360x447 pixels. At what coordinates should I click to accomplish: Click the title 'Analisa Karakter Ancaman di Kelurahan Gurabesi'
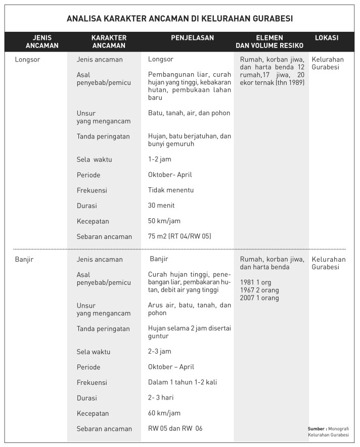tap(179, 19)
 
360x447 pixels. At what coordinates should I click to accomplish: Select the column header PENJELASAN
tap(192, 38)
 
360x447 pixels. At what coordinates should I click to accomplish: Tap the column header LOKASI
tap(326, 38)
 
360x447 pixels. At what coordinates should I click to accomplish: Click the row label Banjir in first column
tap(25, 259)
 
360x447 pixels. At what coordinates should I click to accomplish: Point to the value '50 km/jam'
tap(164, 221)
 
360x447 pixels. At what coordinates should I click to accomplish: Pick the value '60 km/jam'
tap(164, 413)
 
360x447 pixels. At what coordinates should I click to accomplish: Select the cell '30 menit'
tap(161, 206)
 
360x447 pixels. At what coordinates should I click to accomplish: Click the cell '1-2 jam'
tap(159, 160)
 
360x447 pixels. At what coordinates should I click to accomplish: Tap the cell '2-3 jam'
tap(159, 352)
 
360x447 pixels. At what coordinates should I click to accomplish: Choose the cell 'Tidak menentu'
tap(171, 190)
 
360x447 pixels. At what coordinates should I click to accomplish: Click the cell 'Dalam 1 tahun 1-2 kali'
tap(182, 382)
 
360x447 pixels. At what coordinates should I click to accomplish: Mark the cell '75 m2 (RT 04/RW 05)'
tap(179, 236)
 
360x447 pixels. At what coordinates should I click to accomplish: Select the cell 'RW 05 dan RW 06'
tap(175, 428)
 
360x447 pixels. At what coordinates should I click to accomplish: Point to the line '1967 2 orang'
tap(259, 290)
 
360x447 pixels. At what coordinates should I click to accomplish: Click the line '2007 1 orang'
tap(259, 298)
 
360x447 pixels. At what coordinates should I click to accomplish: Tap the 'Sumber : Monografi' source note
tap(328, 428)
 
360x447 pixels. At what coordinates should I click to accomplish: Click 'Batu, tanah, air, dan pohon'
tap(189, 113)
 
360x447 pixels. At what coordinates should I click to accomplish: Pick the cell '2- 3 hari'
tap(161, 398)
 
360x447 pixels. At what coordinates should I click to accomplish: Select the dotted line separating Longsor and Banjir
tap(179, 249)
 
